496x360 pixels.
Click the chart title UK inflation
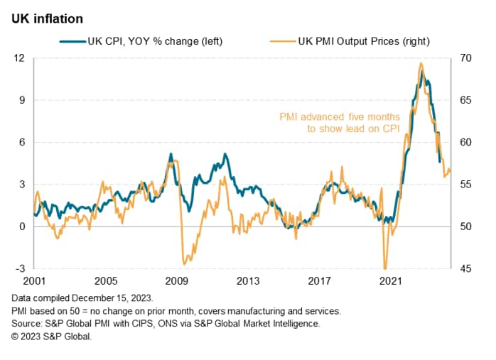47,18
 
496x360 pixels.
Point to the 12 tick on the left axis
20,58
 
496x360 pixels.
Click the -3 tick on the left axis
20,269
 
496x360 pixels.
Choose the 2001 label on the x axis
33,281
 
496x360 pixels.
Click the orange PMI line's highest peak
421,63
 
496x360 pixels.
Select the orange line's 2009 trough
184,263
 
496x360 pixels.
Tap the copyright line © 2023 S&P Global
52,337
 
